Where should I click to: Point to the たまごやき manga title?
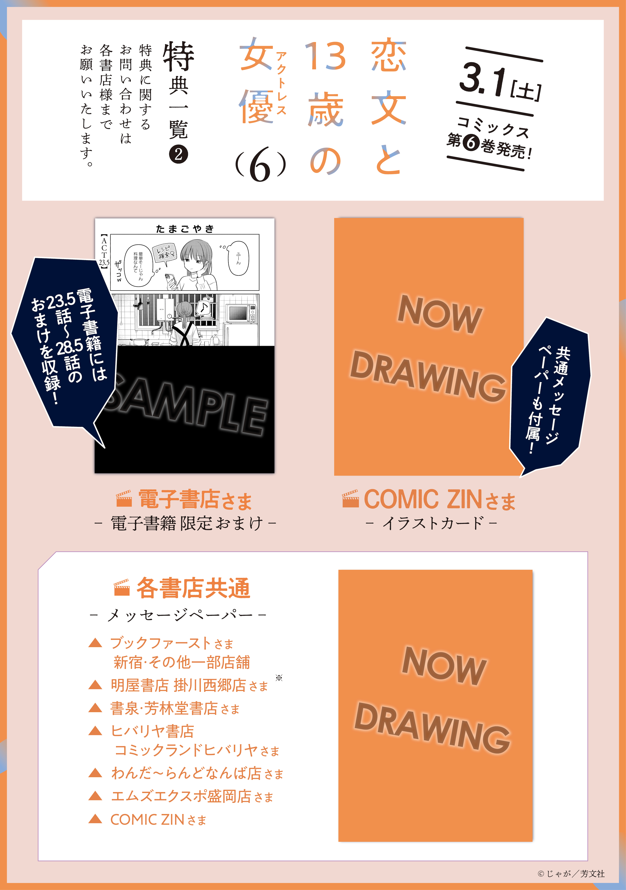tap(185, 229)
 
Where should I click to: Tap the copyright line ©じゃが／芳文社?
tap(571, 873)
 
